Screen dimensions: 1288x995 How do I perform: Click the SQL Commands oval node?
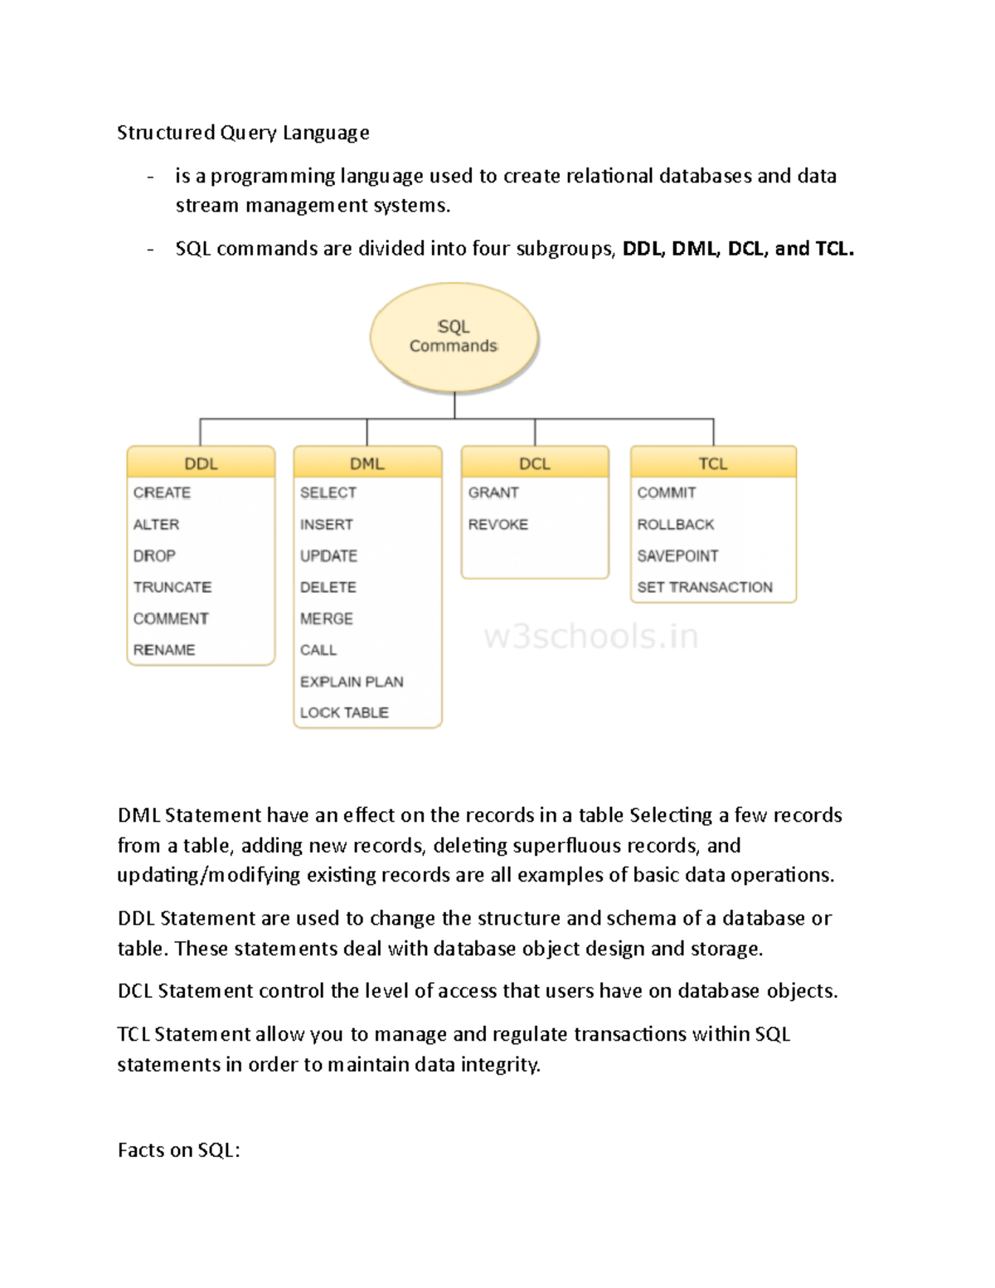pyautogui.click(x=454, y=337)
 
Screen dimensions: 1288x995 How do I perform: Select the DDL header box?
pyautogui.click(x=201, y=463)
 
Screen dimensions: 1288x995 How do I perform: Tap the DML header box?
pyautogui.click(x=367, y=463)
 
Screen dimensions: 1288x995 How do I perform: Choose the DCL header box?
pyautogui.click(x=535, y=463)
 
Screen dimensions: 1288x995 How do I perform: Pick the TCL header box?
pyautogui.click(x=713, y=463)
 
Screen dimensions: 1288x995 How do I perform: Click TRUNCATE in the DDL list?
pyautogui.click(x=172, y=587)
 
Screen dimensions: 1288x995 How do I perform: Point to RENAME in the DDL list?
pyautogui.click(x=164, y=650)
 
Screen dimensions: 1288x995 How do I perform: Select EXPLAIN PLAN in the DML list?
pyautogui.click(x=352, y=682)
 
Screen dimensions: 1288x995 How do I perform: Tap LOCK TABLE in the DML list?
pyautogui.click(x=344, y=712)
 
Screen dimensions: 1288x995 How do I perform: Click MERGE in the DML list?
pyautogui.click(x=327, y=619)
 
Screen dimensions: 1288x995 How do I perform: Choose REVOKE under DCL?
pyautogui.click(x=498, y=524)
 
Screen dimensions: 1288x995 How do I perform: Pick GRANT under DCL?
pyautogui.click(x=493, y=493)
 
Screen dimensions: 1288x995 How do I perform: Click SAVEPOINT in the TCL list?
pyautogui.click(x=677, y=556)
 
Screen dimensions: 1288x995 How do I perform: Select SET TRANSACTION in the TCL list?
pyautogui.click(x=705, y=587)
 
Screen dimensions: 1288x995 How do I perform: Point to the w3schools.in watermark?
pyautogui.click(x=590, y=637)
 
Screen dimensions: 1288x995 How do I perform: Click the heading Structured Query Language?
pyautogui.click(x=243, y=133)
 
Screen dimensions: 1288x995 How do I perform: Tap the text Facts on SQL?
pyautogui.click(x=178, y=1150)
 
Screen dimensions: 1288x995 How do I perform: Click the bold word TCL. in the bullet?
pyautogui.click(x=834, y=249)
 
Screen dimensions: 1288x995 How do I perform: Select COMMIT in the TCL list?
pyautogui.click(x=667, y=493)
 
